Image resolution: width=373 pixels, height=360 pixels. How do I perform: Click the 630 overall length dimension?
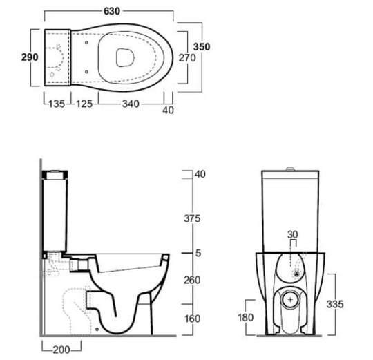pyautogui.click(x=112, y=11)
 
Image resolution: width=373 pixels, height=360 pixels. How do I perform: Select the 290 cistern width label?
pyautogui.click(x=30, y=57)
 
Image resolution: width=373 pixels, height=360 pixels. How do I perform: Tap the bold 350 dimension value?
pyautogui.click(x=202, y=46)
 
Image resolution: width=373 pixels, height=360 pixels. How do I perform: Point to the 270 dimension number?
pyautogui.click(x=187, y=58)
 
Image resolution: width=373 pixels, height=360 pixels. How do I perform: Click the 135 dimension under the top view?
pyautogui.click(x=57, y=104)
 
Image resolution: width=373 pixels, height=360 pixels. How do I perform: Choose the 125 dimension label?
pyautogui.click(x=84, y=104)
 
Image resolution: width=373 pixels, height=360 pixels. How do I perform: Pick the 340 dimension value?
pyautogui.click(x=131, y=104)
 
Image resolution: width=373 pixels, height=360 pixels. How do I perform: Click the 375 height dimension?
pyautogui.click(x=192, y=218)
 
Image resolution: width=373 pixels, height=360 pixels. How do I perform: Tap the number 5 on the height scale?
pyautogui.click(x=198, y=253)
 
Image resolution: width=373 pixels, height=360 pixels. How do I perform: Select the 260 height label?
pyautogui.click(x=192, y=281)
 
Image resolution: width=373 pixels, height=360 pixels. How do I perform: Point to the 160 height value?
pyautogui.click(x=193, y=319)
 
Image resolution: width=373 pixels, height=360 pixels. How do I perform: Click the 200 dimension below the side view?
pyautogui.click(x=61, y=350)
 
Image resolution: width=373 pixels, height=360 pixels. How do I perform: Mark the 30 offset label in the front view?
pyautogui.click(x=293, y=235)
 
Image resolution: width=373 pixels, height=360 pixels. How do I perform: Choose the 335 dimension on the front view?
pyautogui.click(x=335, y=304)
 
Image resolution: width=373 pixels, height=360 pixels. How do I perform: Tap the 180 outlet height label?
pyautogui.click(x=246, y=317)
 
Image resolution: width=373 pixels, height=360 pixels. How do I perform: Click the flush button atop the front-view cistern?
pyautogui.click(x=290, y=169)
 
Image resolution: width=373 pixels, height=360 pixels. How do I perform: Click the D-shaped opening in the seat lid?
pyautogui.click(x=125, y=57)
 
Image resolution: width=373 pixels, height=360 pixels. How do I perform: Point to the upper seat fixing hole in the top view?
pyautogui.click(x=86, y=43)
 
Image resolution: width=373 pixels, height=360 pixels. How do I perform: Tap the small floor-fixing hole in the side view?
pyautogui.click(x=97, y=330)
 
